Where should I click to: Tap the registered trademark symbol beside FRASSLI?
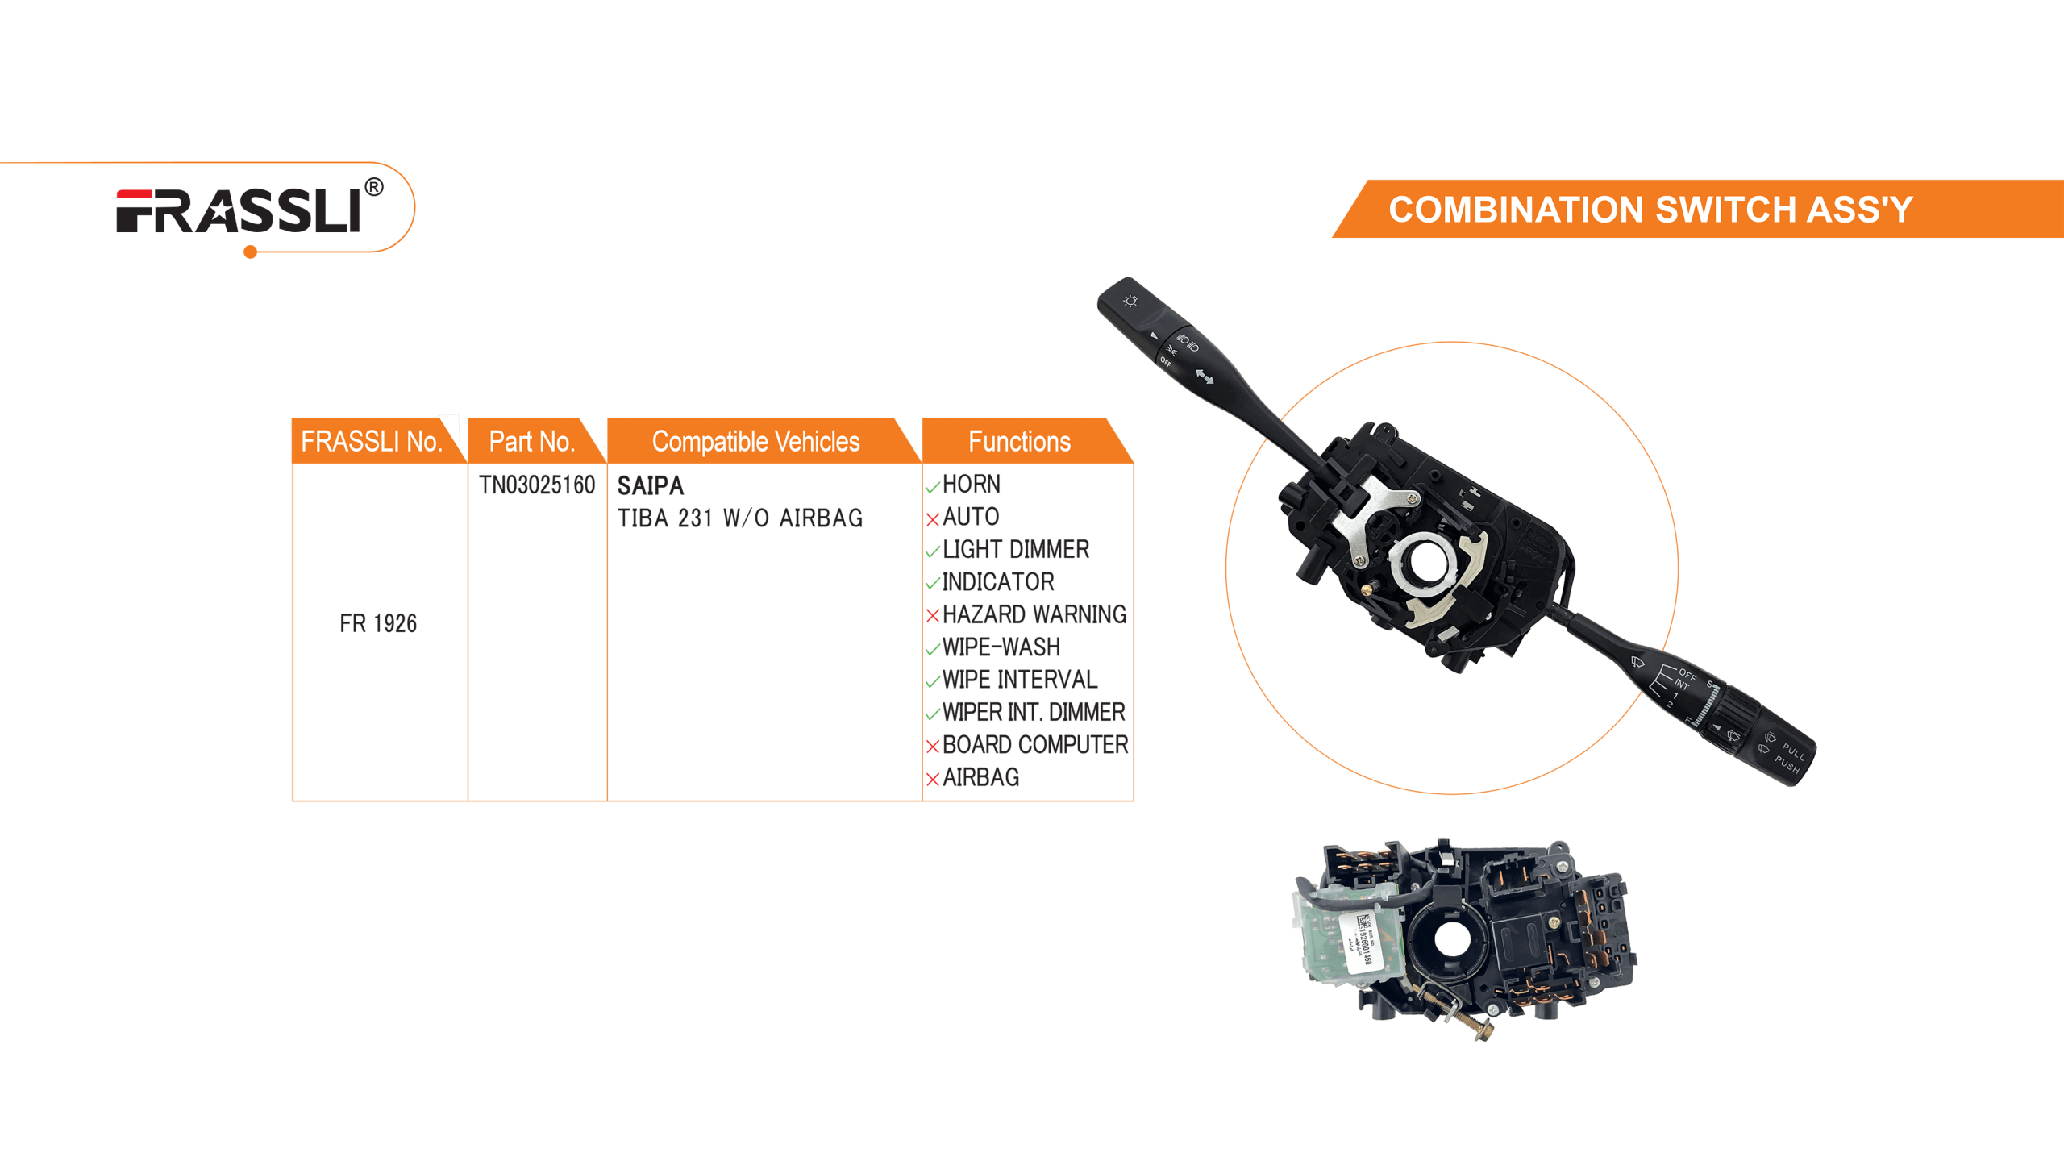coord(374,188)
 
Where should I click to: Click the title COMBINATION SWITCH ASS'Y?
coord(1650,210)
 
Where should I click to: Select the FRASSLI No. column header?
coord(372,442)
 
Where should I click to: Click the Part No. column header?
coord(531,442)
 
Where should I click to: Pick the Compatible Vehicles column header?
coord(755,442)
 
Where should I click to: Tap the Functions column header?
coord(1019,442)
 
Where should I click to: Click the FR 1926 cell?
coord(377,623)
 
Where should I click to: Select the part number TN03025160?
coord(537,485)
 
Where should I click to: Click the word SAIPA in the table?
coord(650,486)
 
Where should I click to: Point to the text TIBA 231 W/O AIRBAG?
coord(739,518)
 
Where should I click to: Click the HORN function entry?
coord(972,485)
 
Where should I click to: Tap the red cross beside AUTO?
coord(933,519)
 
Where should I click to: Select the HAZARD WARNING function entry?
coord(1034,615)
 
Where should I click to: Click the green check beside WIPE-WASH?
coord(933,649)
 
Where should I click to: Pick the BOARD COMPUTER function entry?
coord(1035,745)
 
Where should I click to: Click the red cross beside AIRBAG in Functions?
coord(933,780)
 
